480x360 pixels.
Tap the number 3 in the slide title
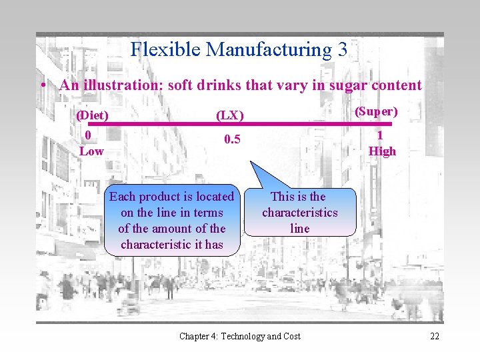click(x=342, y=49)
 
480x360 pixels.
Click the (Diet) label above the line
click(x=92, y=115)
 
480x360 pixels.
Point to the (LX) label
click(x=229, y=115)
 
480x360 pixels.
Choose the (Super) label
click(x=376, y=111)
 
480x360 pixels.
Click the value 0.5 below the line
click(x=232, y=139)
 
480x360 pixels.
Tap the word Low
click(x=91, y=151)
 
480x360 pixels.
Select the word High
click(x=382, y=151)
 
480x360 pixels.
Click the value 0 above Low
click(x=88, y=135)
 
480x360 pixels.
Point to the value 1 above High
click(x=380, y=135)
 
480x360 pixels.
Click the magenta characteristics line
click(x=300, y=124)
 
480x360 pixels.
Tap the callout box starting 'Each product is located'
click(x=171, y=220)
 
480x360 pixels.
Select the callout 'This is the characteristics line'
click(x=299, y=212)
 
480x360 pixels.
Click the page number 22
click(x=434, y=336)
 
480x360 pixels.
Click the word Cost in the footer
click(x=291, y=336)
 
